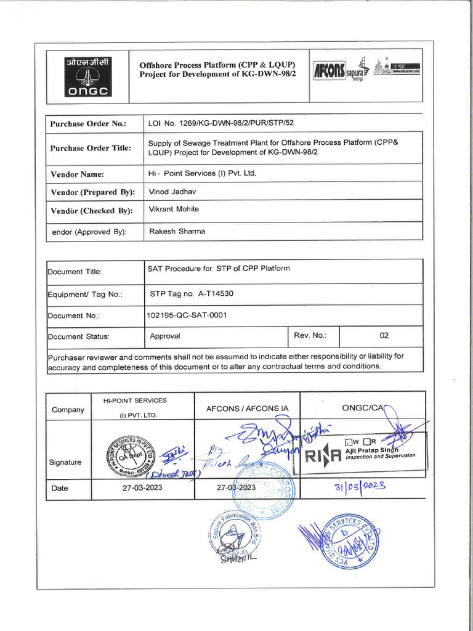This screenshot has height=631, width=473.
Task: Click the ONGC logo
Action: tap(87, 76)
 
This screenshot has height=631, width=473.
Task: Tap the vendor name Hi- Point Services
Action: tap(202, 174)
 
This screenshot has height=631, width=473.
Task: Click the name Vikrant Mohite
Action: tap(174, 210)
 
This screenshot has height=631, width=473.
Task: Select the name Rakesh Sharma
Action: tap(177, 231)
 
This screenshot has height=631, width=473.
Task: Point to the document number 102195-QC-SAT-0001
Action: tap(187, 315)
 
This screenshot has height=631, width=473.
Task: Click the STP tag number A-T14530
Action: tap(192, 294)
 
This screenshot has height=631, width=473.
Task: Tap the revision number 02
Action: tap(384, 336)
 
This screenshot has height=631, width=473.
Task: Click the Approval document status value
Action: tap(165, 336)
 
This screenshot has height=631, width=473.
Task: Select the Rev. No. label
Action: tap(310, 336)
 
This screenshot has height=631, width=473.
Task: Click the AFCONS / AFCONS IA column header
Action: tap(247, 409)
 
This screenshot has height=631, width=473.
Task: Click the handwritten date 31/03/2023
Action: tap(360, 486)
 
